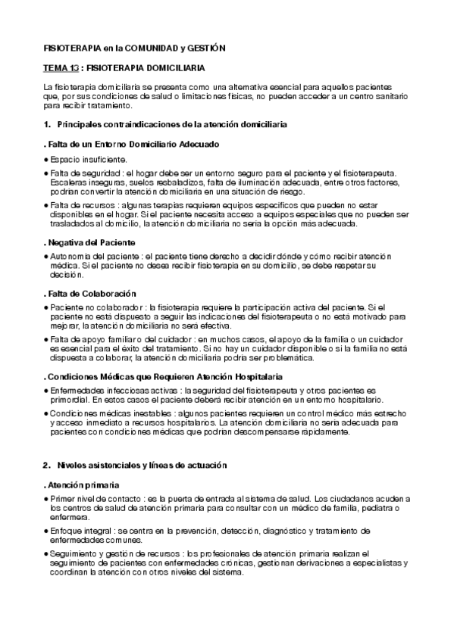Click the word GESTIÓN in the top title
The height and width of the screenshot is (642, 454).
tap(205, 48)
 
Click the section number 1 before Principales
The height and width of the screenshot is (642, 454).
tap(46, 123)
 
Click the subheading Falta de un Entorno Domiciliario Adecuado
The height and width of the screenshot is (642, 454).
tap(132, 143)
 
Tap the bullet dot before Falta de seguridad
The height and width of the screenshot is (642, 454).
tap(46, 173)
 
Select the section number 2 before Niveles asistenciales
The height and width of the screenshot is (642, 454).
tap(46, 463)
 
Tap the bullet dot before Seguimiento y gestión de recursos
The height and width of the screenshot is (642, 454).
tap(46, 555)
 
